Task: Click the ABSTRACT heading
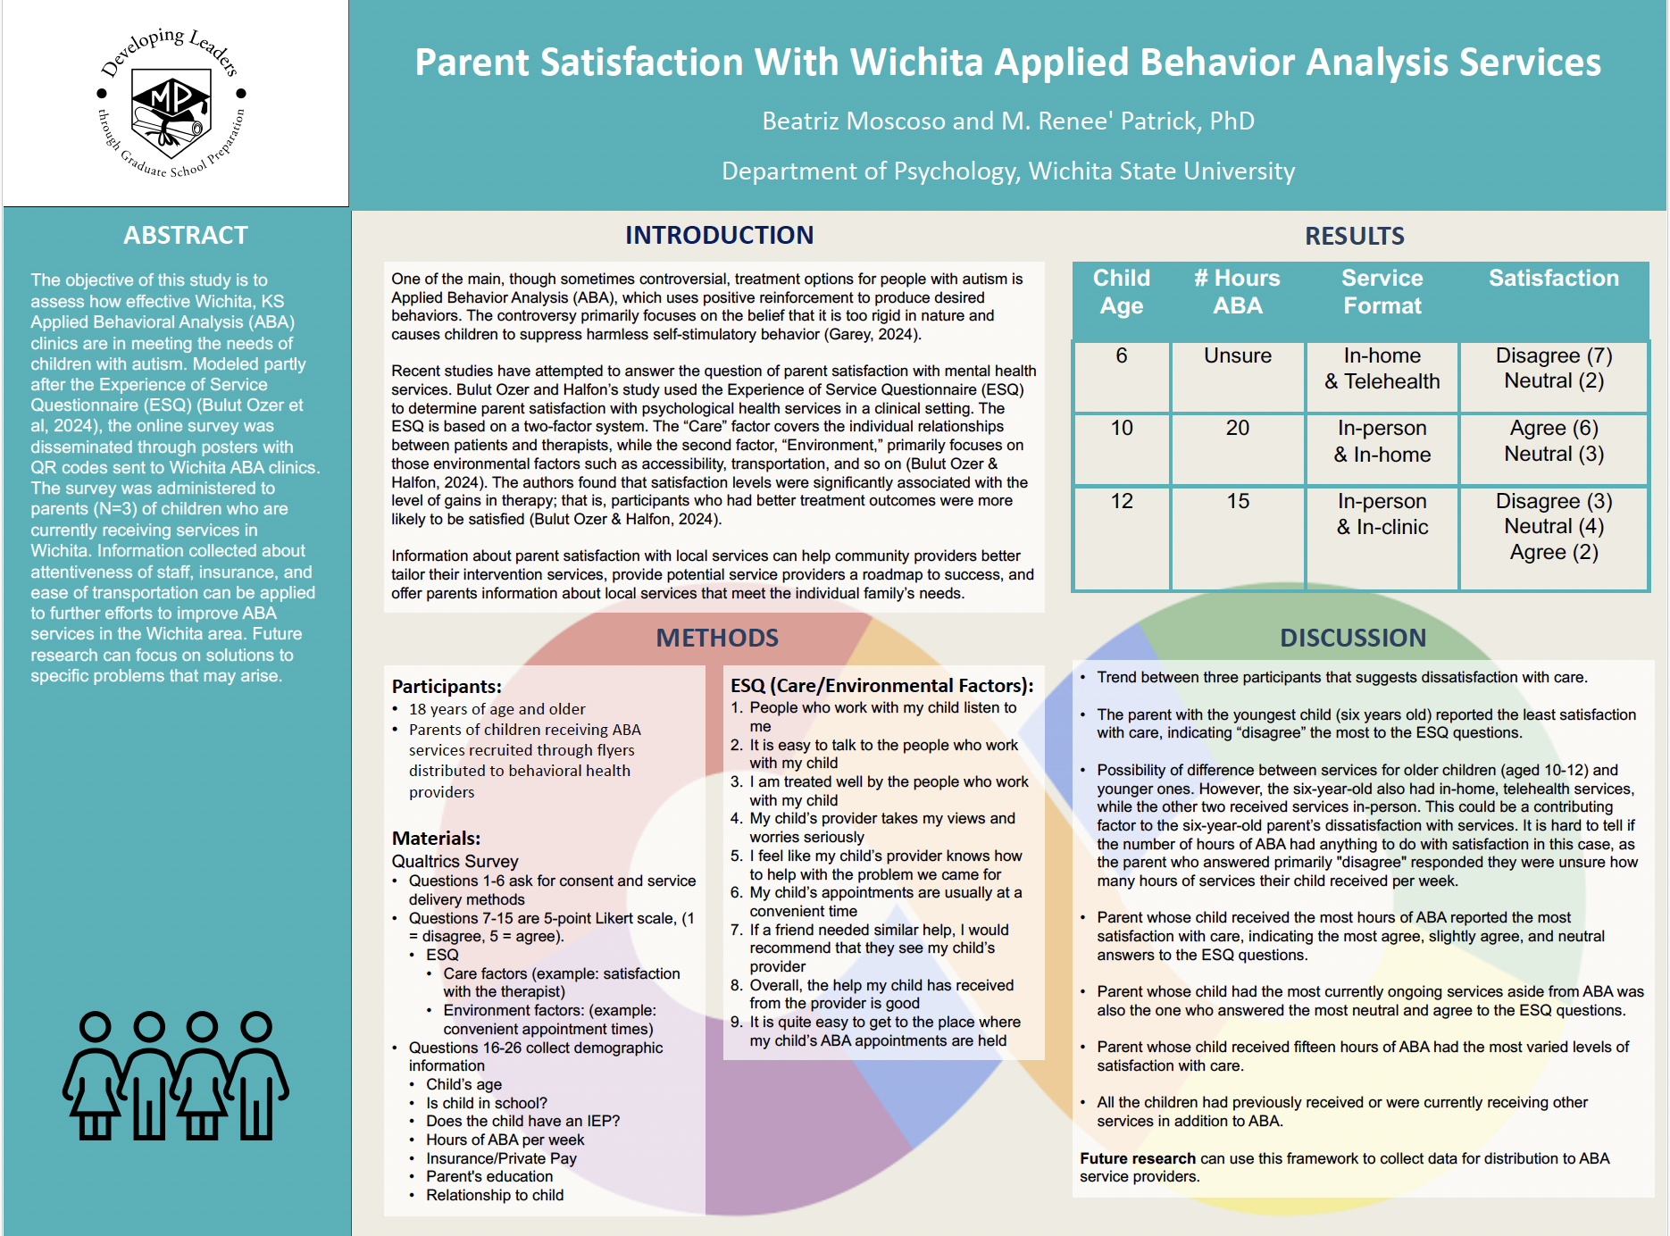(x=186, y=235)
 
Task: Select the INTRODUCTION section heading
(x=719, y=235)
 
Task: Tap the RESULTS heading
(x=1354, y=236)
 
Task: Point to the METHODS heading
(x=717, y=638)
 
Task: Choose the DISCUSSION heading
(x=1353, y=638)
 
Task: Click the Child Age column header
(x=1122, y=292)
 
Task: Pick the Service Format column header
(x=1382, y=292)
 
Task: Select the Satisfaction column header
(x=1553, y=279)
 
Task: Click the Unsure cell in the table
(x=1237, y=355)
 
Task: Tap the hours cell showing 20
(x=1237, y=428)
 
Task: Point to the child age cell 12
(x=1122, y=501)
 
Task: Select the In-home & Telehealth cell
(x=1382, y=368)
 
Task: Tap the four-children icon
(x=175, y=1076)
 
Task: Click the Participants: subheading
(x=447, y=686)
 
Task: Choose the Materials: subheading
(x=436, y=838)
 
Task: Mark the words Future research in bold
(x=1137, y=1158)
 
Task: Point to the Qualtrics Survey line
(x=455, y=861)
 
